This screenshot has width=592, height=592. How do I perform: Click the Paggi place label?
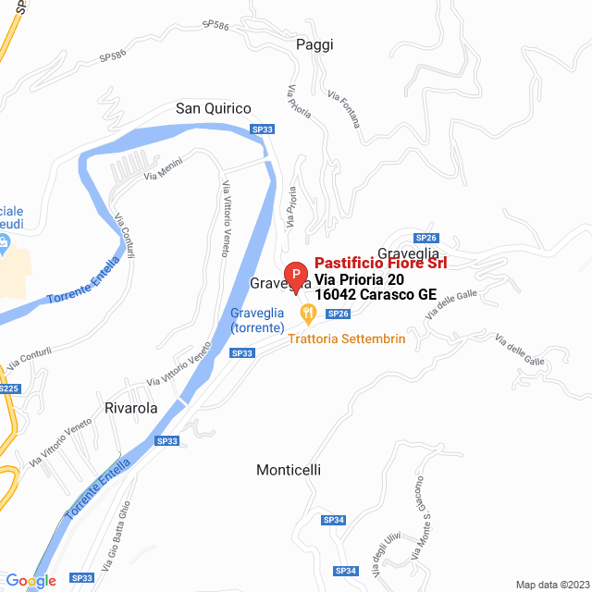pos(314,44)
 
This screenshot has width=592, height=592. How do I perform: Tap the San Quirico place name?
pos(215,109)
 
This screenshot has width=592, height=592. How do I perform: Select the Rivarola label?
pos(130,407)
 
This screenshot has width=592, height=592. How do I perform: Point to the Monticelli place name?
pos(289,470)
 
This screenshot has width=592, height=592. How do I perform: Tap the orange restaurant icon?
pos(307,316)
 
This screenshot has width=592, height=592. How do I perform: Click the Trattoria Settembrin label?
pos(347,339)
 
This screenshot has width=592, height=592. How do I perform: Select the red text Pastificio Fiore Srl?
pos(381,264)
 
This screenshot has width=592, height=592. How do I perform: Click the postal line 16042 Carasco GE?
pos(376,295)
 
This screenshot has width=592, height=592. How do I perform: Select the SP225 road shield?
pos(7,389)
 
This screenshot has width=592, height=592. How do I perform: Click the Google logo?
pos(31,581)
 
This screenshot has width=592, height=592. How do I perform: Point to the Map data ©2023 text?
pos(550,585)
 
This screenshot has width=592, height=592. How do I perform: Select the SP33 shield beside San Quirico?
pos(263,130)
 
